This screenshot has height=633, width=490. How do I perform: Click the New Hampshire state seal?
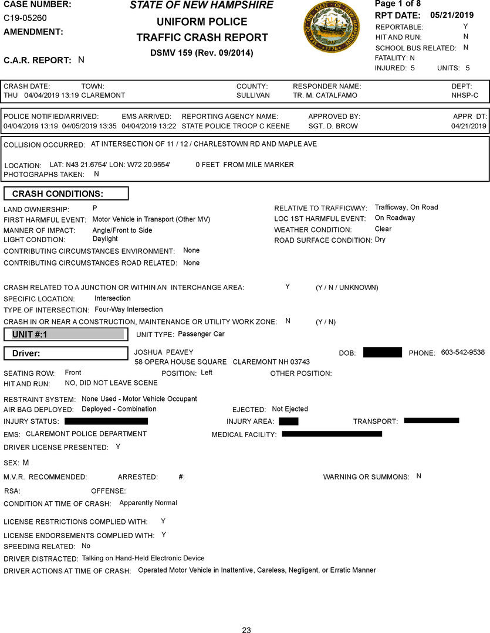coord(332,27)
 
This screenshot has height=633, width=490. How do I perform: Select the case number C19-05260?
coord(25,18)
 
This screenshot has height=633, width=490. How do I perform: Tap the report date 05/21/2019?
coord(451,15)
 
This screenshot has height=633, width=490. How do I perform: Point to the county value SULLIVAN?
coord(253,95)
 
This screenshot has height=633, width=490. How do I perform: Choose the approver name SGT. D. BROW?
coord(333,126)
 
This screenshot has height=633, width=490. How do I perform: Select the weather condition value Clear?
coord(383,229)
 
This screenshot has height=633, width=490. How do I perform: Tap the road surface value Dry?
coord(380,240)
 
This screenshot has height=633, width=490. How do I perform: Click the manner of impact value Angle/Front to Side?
coord(122,230)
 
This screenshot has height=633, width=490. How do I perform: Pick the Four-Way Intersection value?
coord(129,309)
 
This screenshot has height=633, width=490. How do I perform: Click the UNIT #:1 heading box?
coord(66,335)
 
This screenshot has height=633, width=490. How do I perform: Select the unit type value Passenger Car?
coord(201,334)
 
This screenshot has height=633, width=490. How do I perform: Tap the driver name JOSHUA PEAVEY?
coord(164,352)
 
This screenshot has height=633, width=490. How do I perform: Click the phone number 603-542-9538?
coord(463,352)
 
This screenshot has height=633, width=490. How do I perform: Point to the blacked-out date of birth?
coord(382,352)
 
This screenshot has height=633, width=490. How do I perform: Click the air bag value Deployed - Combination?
coord(119,409)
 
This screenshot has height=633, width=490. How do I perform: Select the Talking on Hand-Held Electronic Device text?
coord(143,559)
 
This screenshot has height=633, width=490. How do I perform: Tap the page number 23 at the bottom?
coord(246,630)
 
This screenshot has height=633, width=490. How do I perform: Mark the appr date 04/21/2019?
coord(469,126)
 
